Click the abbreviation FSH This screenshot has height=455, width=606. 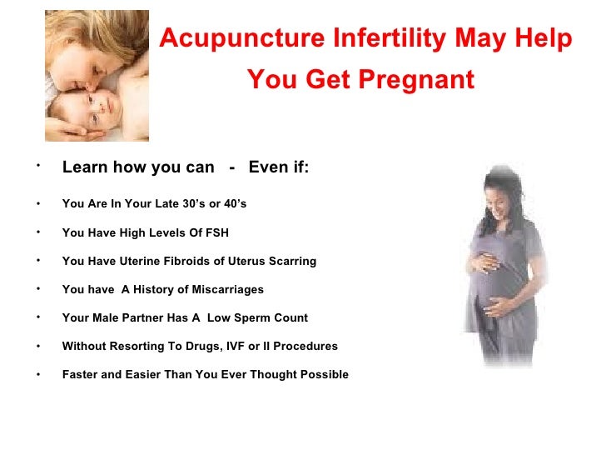[x=216, y=232]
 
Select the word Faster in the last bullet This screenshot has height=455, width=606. [x=82, y=374]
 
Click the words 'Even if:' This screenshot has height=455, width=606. [x=279, y=167]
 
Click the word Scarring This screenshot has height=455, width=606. [x=291, y=261]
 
